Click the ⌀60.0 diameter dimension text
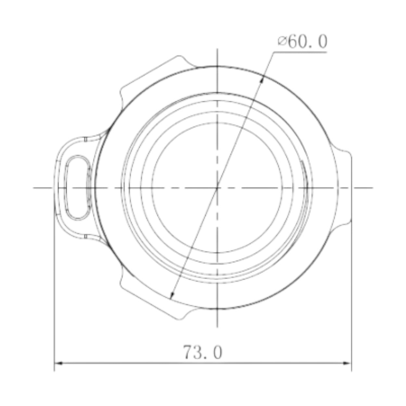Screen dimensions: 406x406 [x=302, y=42]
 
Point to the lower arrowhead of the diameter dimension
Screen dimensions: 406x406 [x=172, y=296]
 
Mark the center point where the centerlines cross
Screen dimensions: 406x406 [x=217, y=187]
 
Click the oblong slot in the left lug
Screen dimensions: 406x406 [x=78, y=188]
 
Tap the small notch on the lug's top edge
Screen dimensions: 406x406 [x=85, y=139]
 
